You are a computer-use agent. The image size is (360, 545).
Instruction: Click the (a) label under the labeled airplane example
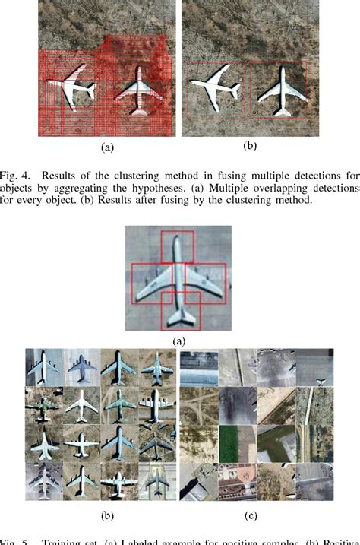(x=179, y=341)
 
